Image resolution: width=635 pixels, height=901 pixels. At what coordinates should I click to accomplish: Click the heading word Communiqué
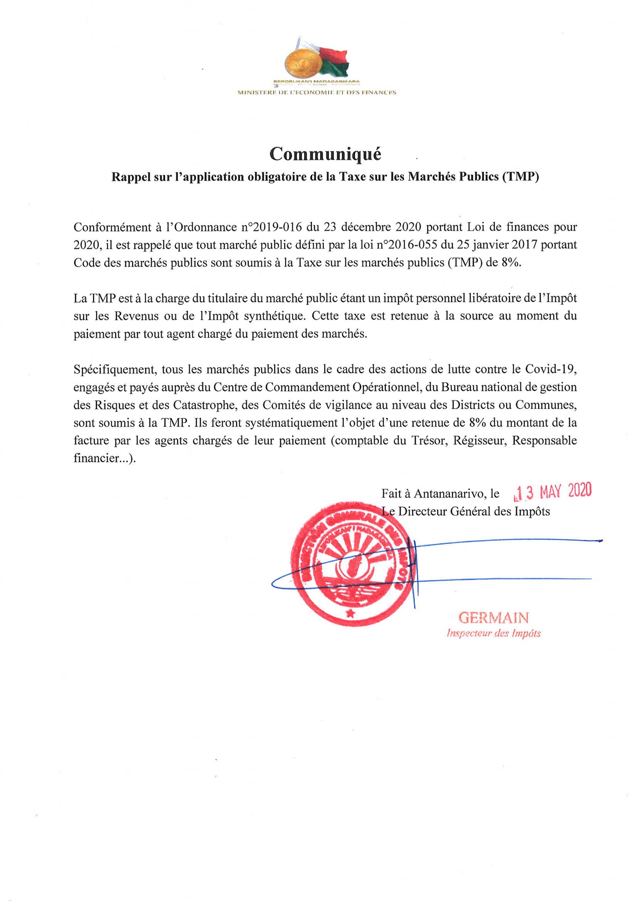[x=325, y=154]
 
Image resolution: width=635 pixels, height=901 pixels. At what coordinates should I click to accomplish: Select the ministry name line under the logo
[x=316, y=92]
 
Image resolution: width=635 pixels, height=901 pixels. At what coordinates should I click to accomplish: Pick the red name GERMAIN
[x=493, y=618]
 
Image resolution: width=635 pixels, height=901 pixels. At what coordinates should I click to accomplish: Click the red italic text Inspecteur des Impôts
[x=493, y=634]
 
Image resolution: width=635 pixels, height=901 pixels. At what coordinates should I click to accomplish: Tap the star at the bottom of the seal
[x=350, y=613]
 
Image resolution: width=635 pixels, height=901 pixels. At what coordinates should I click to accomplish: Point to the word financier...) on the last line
[x=105, y=458]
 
